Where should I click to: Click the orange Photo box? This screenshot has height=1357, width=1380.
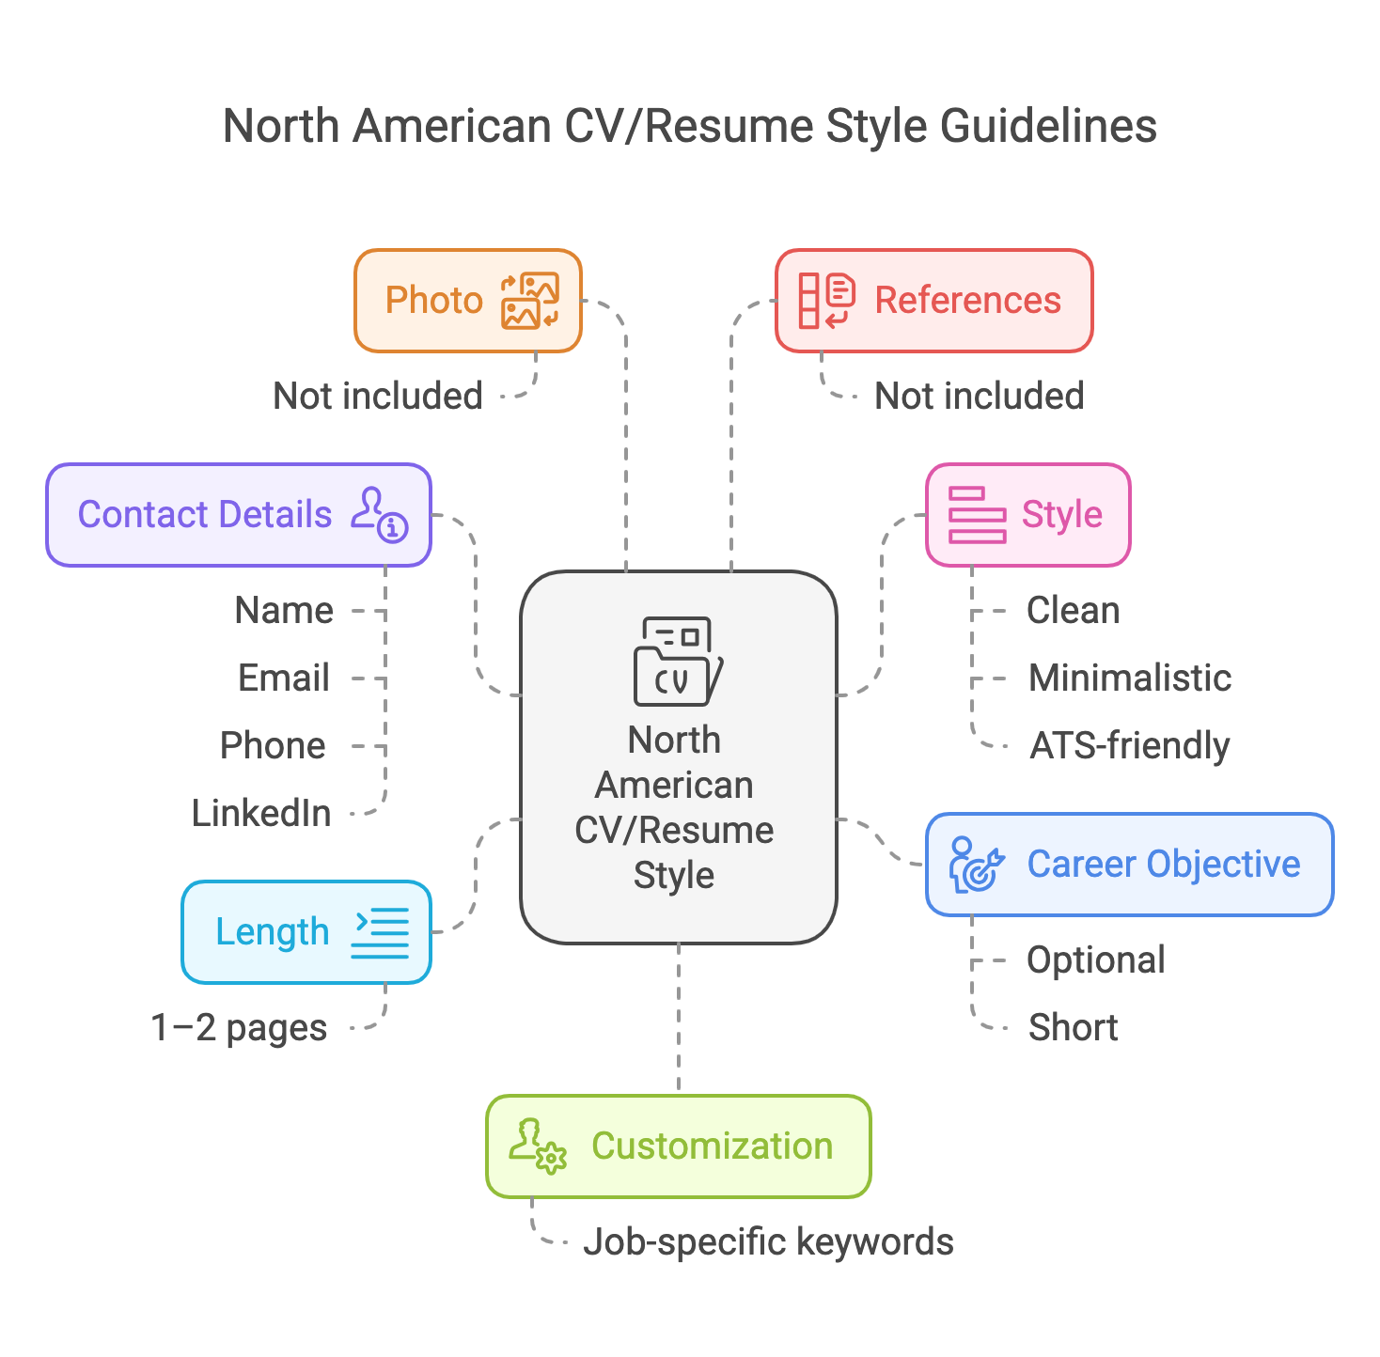[x=467, y=301]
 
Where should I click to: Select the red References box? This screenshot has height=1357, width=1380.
[x=933, y=301]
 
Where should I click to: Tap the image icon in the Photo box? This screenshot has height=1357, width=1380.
[x=530, y=301]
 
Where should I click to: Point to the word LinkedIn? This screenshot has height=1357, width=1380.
[x=261, y=813]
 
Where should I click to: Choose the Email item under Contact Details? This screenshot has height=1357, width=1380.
[x=284, y=678]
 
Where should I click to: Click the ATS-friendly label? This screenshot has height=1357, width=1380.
[x=1130, y=745]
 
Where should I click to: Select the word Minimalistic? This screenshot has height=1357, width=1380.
[x=1130, y=678]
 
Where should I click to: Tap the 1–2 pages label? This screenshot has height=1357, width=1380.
[x=239, y=1027]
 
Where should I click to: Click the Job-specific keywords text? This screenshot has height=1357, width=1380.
[x=768, y=1241]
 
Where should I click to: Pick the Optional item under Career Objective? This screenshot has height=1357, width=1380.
[x=1096, y=959]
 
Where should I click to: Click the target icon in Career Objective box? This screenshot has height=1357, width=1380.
[x=977, y=865]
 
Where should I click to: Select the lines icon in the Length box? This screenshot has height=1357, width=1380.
[x=381, y=932]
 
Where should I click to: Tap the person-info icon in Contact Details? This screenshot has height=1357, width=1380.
[x=380, y=514]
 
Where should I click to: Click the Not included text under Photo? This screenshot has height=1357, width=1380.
[x=378, y=396]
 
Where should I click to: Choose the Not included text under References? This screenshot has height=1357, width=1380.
[x=980, y=396]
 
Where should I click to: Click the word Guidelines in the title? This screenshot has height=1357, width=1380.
[x=1048, y=126]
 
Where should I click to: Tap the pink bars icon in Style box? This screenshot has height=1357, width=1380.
[x=977, y=515]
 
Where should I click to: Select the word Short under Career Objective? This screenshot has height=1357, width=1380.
[x=1074, y=1027]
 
